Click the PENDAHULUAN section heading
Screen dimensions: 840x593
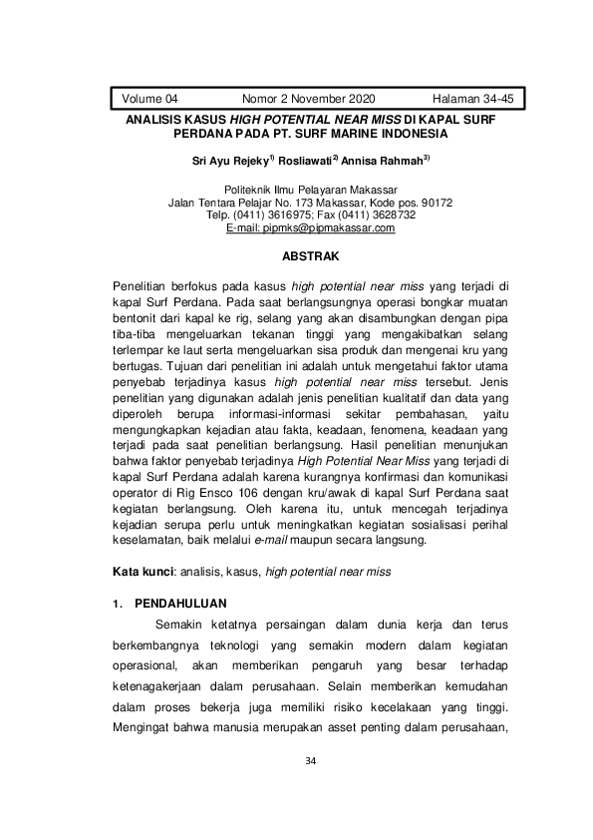pos(181,604)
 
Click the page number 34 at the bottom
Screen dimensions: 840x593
pos(310,762)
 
